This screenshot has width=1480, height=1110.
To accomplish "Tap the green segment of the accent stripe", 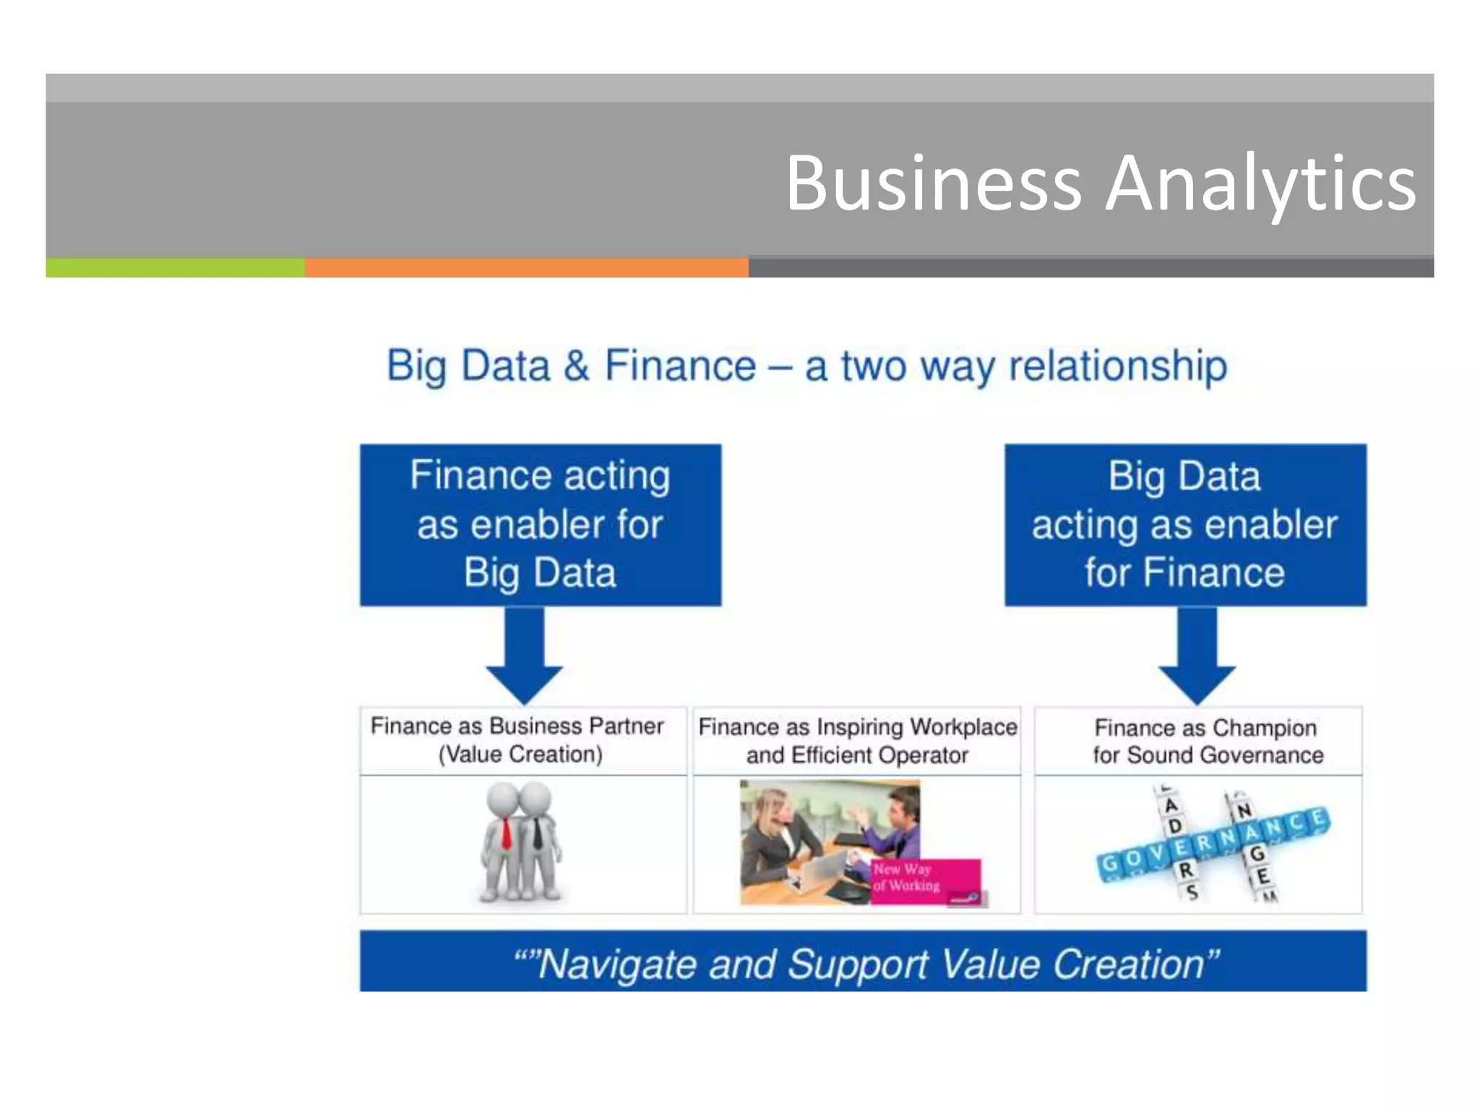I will (175, 268).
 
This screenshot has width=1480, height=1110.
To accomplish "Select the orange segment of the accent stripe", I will (526, 268).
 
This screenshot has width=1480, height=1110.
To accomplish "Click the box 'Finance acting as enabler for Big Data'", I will (541, 525).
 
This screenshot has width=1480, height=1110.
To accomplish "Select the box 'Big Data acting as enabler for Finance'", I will (1185, 525).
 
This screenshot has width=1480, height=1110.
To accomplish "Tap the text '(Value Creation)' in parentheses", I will (520, 754).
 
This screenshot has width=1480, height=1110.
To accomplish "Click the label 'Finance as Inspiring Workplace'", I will (857, 726).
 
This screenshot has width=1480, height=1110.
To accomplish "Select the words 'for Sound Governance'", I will (1208, 755).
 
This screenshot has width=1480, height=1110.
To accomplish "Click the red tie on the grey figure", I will (506, 835).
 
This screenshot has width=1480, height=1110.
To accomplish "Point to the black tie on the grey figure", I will (538, 835).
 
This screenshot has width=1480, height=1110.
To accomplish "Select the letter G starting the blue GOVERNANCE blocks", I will (1108, 864).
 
